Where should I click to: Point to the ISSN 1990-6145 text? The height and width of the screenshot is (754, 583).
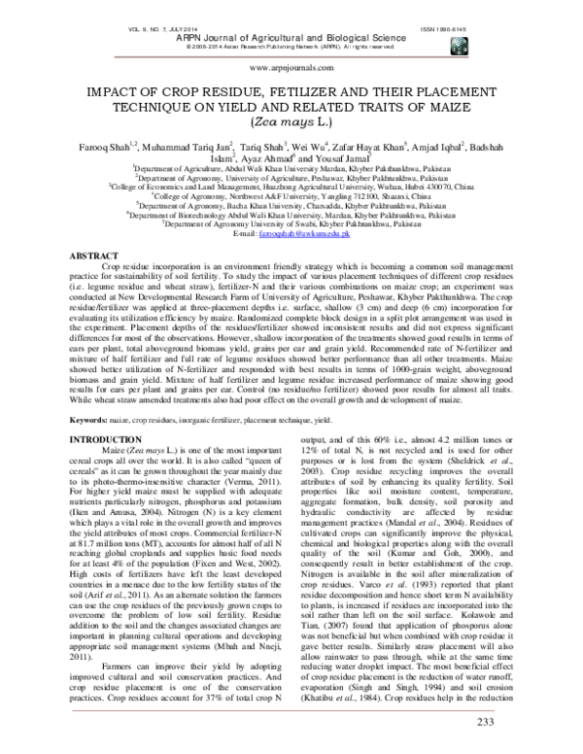click(513, 7)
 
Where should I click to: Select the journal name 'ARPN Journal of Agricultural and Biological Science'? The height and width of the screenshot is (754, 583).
click(291, 17)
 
